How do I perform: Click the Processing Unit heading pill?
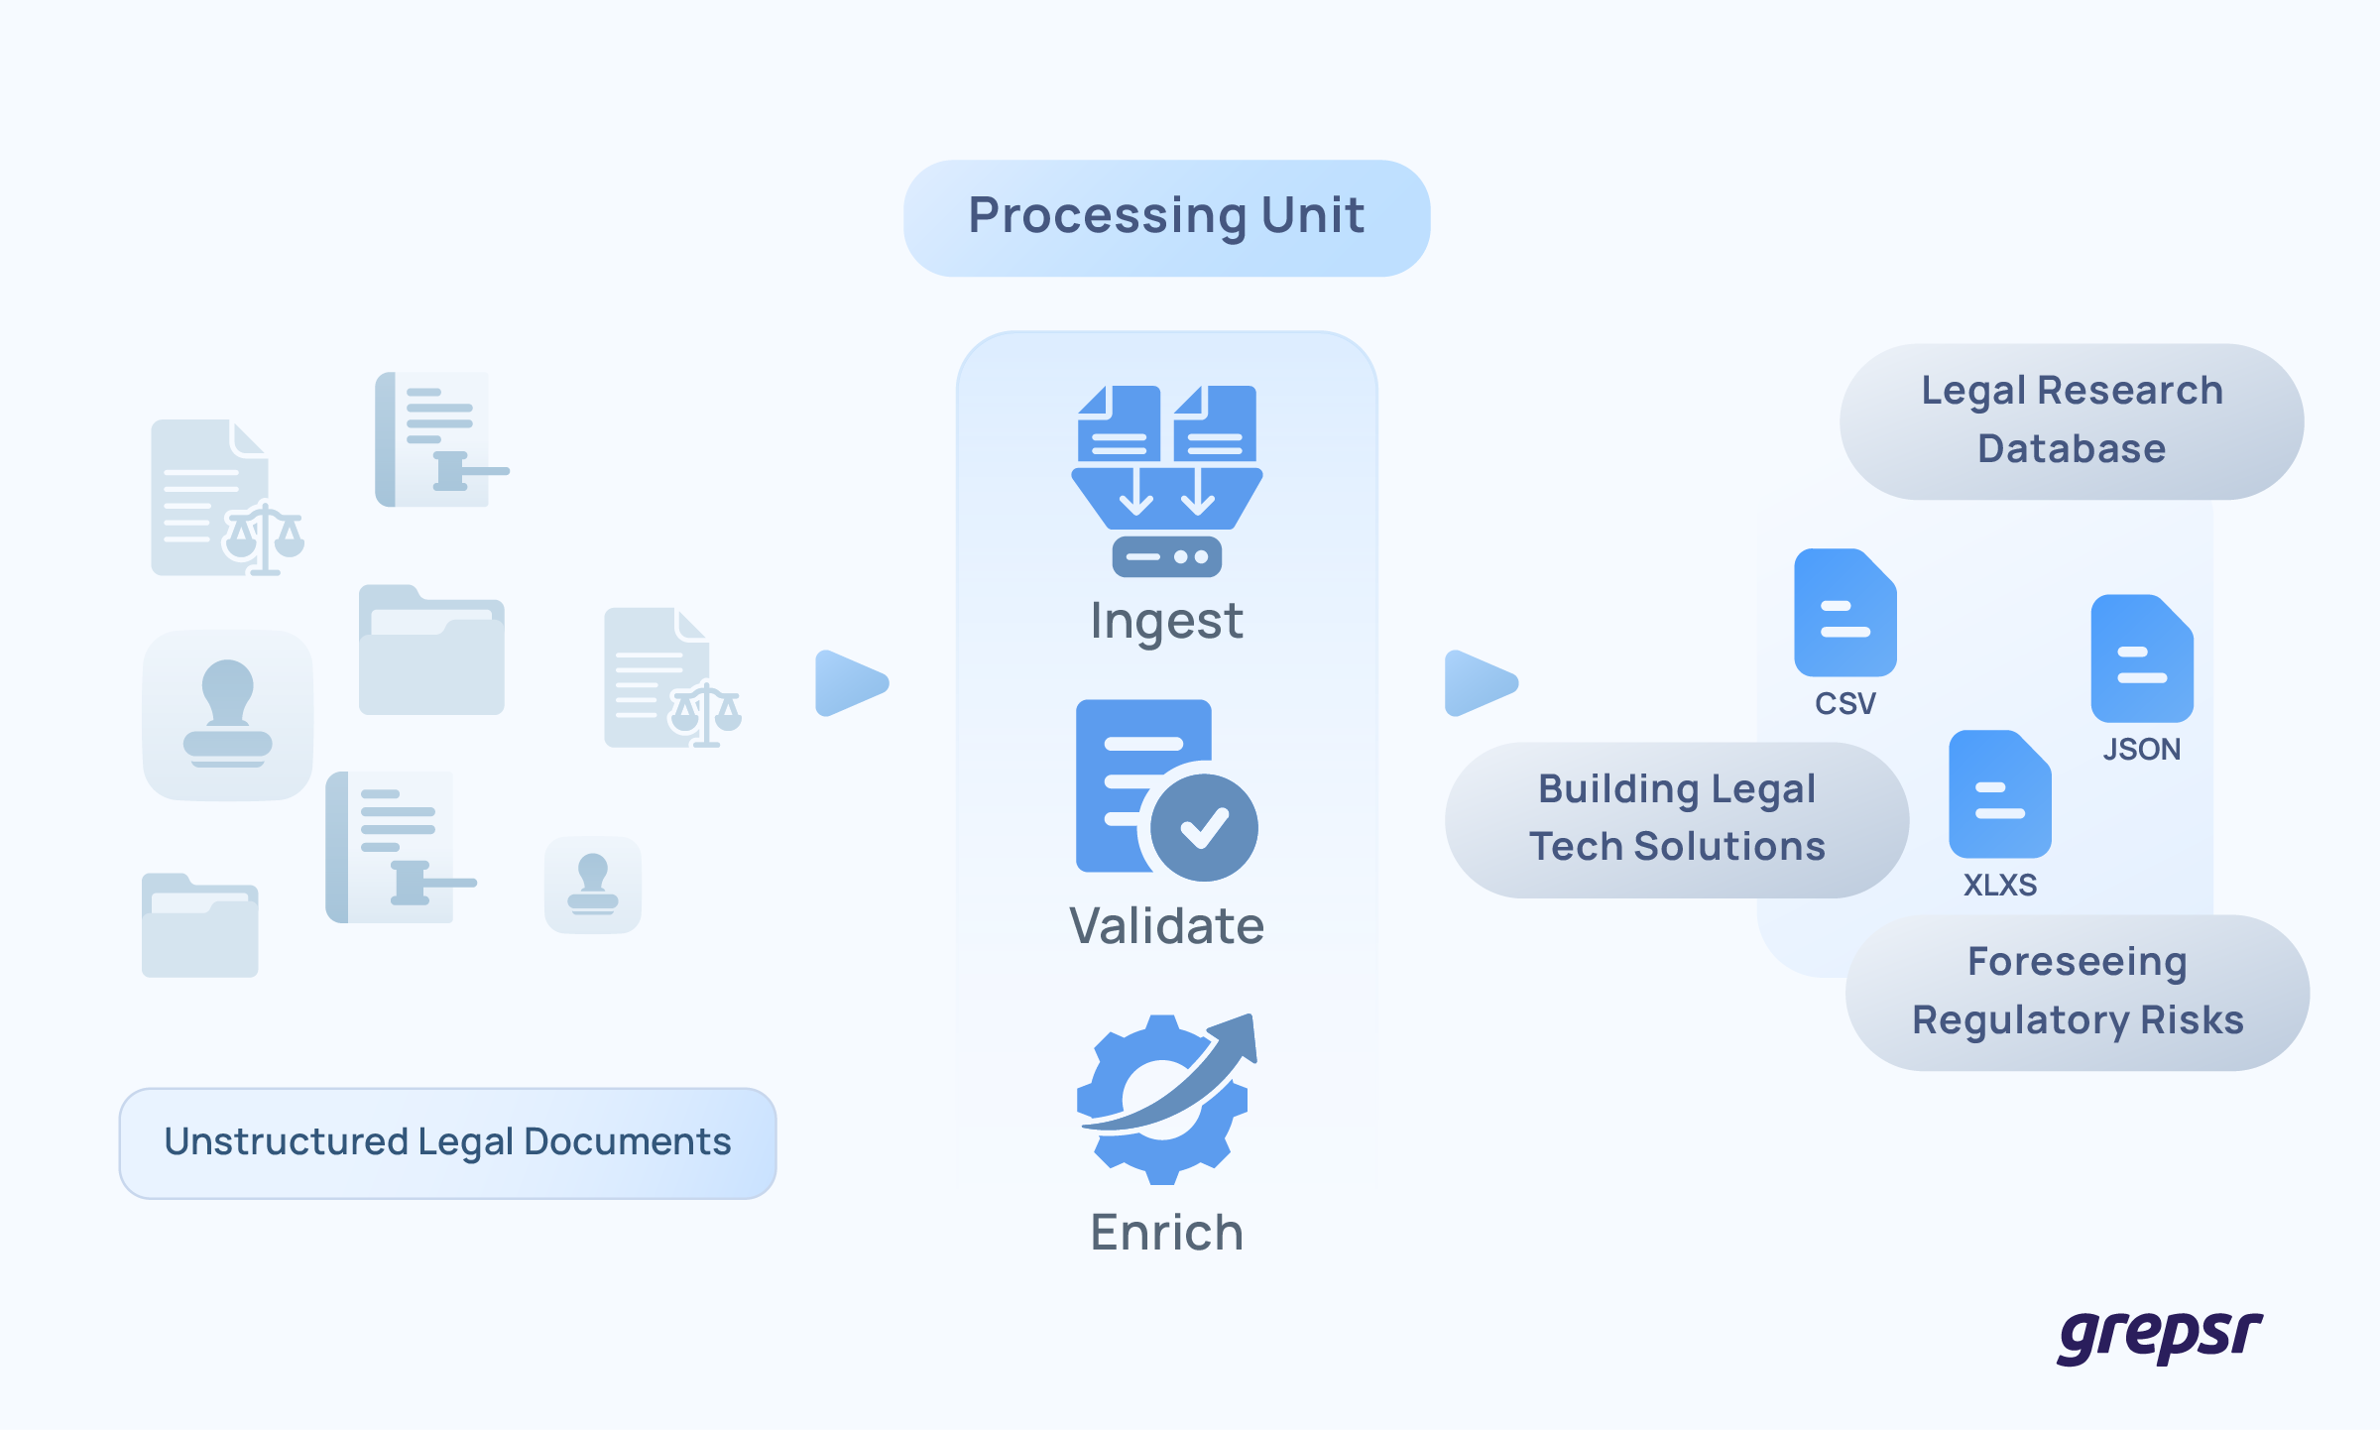pos(1166,217)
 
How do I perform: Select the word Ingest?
pos(1166,622)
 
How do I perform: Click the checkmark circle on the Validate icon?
pos(1204,827)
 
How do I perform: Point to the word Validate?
pos(1166,926)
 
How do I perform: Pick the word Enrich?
pos(1166,1233)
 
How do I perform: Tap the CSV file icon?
pos(1844,613)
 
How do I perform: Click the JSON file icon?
pos(2142,658)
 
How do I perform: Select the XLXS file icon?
pos(1999,794)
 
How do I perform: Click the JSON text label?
pos(2142,750)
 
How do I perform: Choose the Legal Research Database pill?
pos(2072,420)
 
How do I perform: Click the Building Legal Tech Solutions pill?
pos(1676,819)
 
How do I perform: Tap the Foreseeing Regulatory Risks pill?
pos(2078,992)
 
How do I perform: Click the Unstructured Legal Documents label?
pos(447,1142)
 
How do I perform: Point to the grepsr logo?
pos(2160,1335)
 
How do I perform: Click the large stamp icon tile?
pos(228,714)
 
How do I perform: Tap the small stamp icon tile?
pos(593,885)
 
